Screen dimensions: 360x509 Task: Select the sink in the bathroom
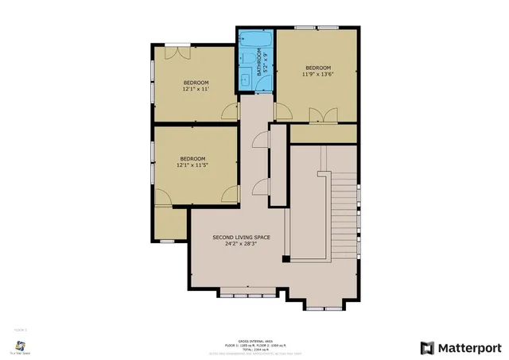(245, 77)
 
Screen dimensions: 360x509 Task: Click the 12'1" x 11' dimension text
(196, 90)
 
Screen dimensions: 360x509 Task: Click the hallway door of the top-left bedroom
(229, 112)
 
